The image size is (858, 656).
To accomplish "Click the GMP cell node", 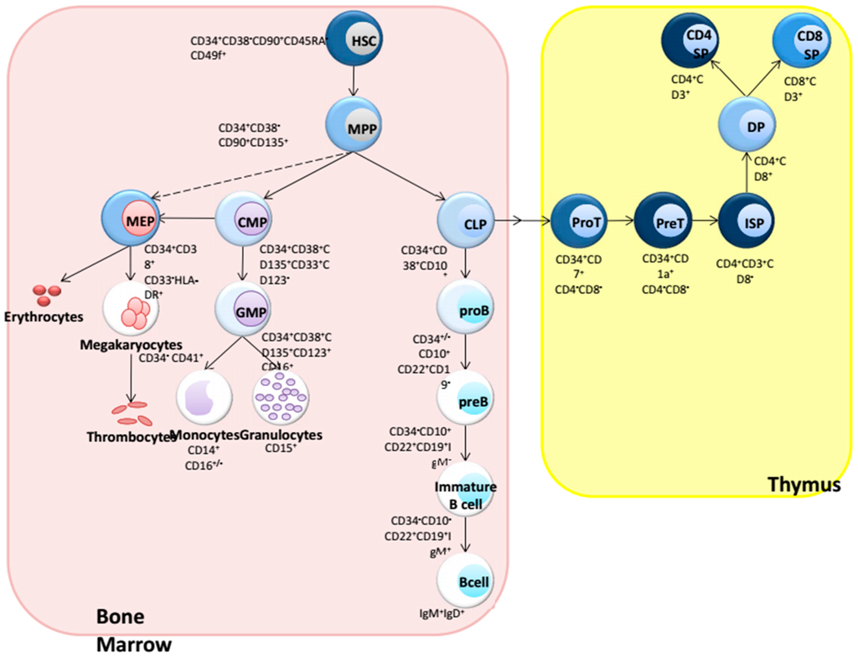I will (x=244, y=310).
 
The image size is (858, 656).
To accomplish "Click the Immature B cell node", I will (x=466, y=488).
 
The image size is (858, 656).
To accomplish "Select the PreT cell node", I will (x=664, y=221).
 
